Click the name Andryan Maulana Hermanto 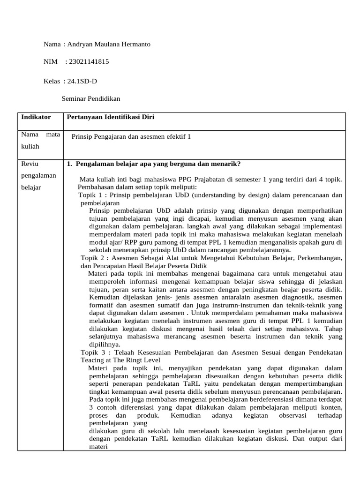coord(109,44)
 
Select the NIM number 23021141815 coord(89,61)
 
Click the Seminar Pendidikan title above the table coord(91,99)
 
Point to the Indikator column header coord(36,117)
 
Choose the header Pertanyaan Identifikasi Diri coord(111,117)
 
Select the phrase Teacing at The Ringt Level coord(120,360)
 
